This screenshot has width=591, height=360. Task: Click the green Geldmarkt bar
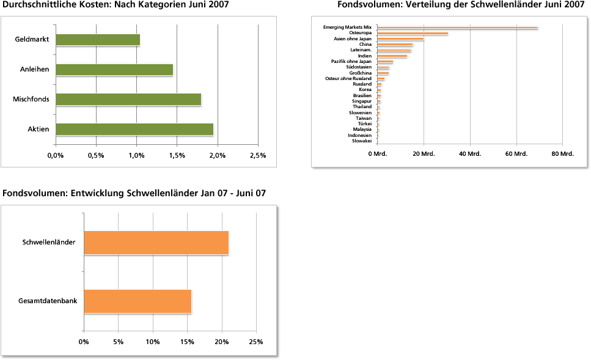pos(98,40)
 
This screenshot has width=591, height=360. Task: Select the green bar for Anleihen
pos(114,70)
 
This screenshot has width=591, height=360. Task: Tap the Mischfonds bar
pos(128,99)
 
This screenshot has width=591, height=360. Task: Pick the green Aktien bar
pos(134,129)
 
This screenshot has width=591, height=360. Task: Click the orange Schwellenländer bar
pos(156,243)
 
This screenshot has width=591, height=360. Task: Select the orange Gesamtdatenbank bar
pos(138,301)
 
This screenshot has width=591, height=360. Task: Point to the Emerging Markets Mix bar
pos(457,28)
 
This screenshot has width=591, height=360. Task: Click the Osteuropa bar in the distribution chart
pos(413,33)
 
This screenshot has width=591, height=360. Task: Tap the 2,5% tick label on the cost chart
pos(258,155)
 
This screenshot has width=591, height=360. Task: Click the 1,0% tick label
pos(136,155)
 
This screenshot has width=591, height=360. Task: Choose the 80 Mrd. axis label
pos(562,153)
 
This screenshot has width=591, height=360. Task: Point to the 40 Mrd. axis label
pos(470,153)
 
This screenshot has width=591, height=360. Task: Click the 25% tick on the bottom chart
pos(256,342)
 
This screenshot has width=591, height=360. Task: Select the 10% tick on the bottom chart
pos(152,342)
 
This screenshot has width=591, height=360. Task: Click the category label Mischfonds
pos(31,99)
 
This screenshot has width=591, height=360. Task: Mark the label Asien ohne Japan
pos(353,39)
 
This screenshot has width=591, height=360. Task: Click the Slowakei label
pos(362,141)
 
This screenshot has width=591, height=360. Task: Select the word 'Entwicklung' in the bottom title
pos(99,193)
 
